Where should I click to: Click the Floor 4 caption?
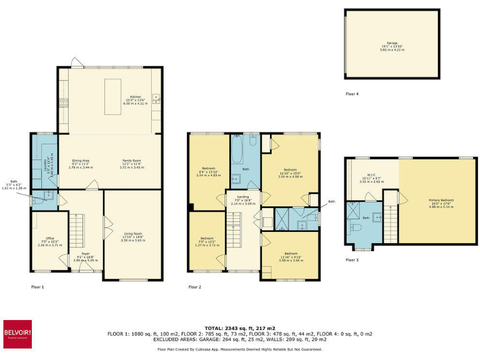pos(352,94)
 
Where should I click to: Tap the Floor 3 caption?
pos(352,259)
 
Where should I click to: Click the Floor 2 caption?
pos(195,287)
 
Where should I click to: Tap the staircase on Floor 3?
pos(389,219)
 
